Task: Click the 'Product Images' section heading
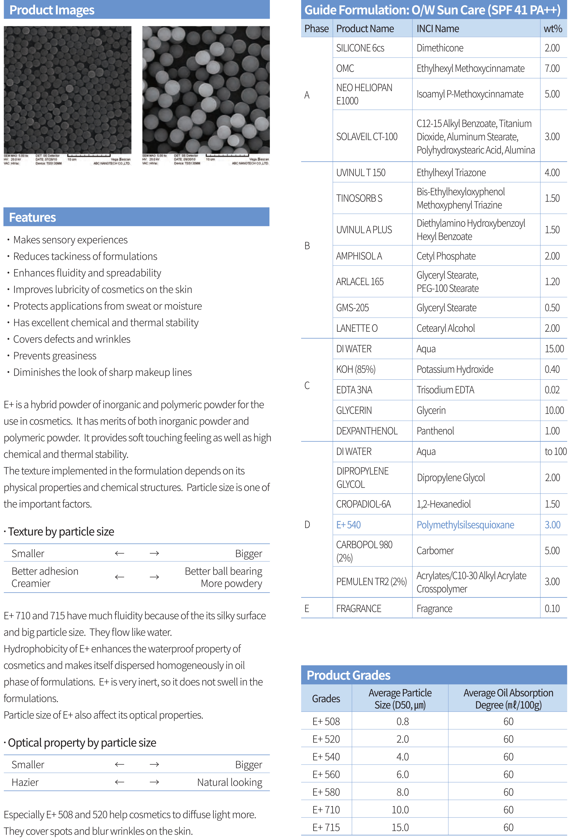[52, 10]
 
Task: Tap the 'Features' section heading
[33, 217]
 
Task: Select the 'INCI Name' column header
[438, 29]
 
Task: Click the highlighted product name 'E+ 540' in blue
[348, 525]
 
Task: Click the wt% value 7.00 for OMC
[552, 68]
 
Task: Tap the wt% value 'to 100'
[555, 451]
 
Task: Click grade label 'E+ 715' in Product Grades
[326, 827]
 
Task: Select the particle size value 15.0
[400, 827]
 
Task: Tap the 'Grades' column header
[326, 699]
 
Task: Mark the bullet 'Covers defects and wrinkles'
[72, 339]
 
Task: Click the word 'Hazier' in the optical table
[25, 782]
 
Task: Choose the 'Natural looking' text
[230, 782]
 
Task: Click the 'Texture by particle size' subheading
[61, 532]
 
